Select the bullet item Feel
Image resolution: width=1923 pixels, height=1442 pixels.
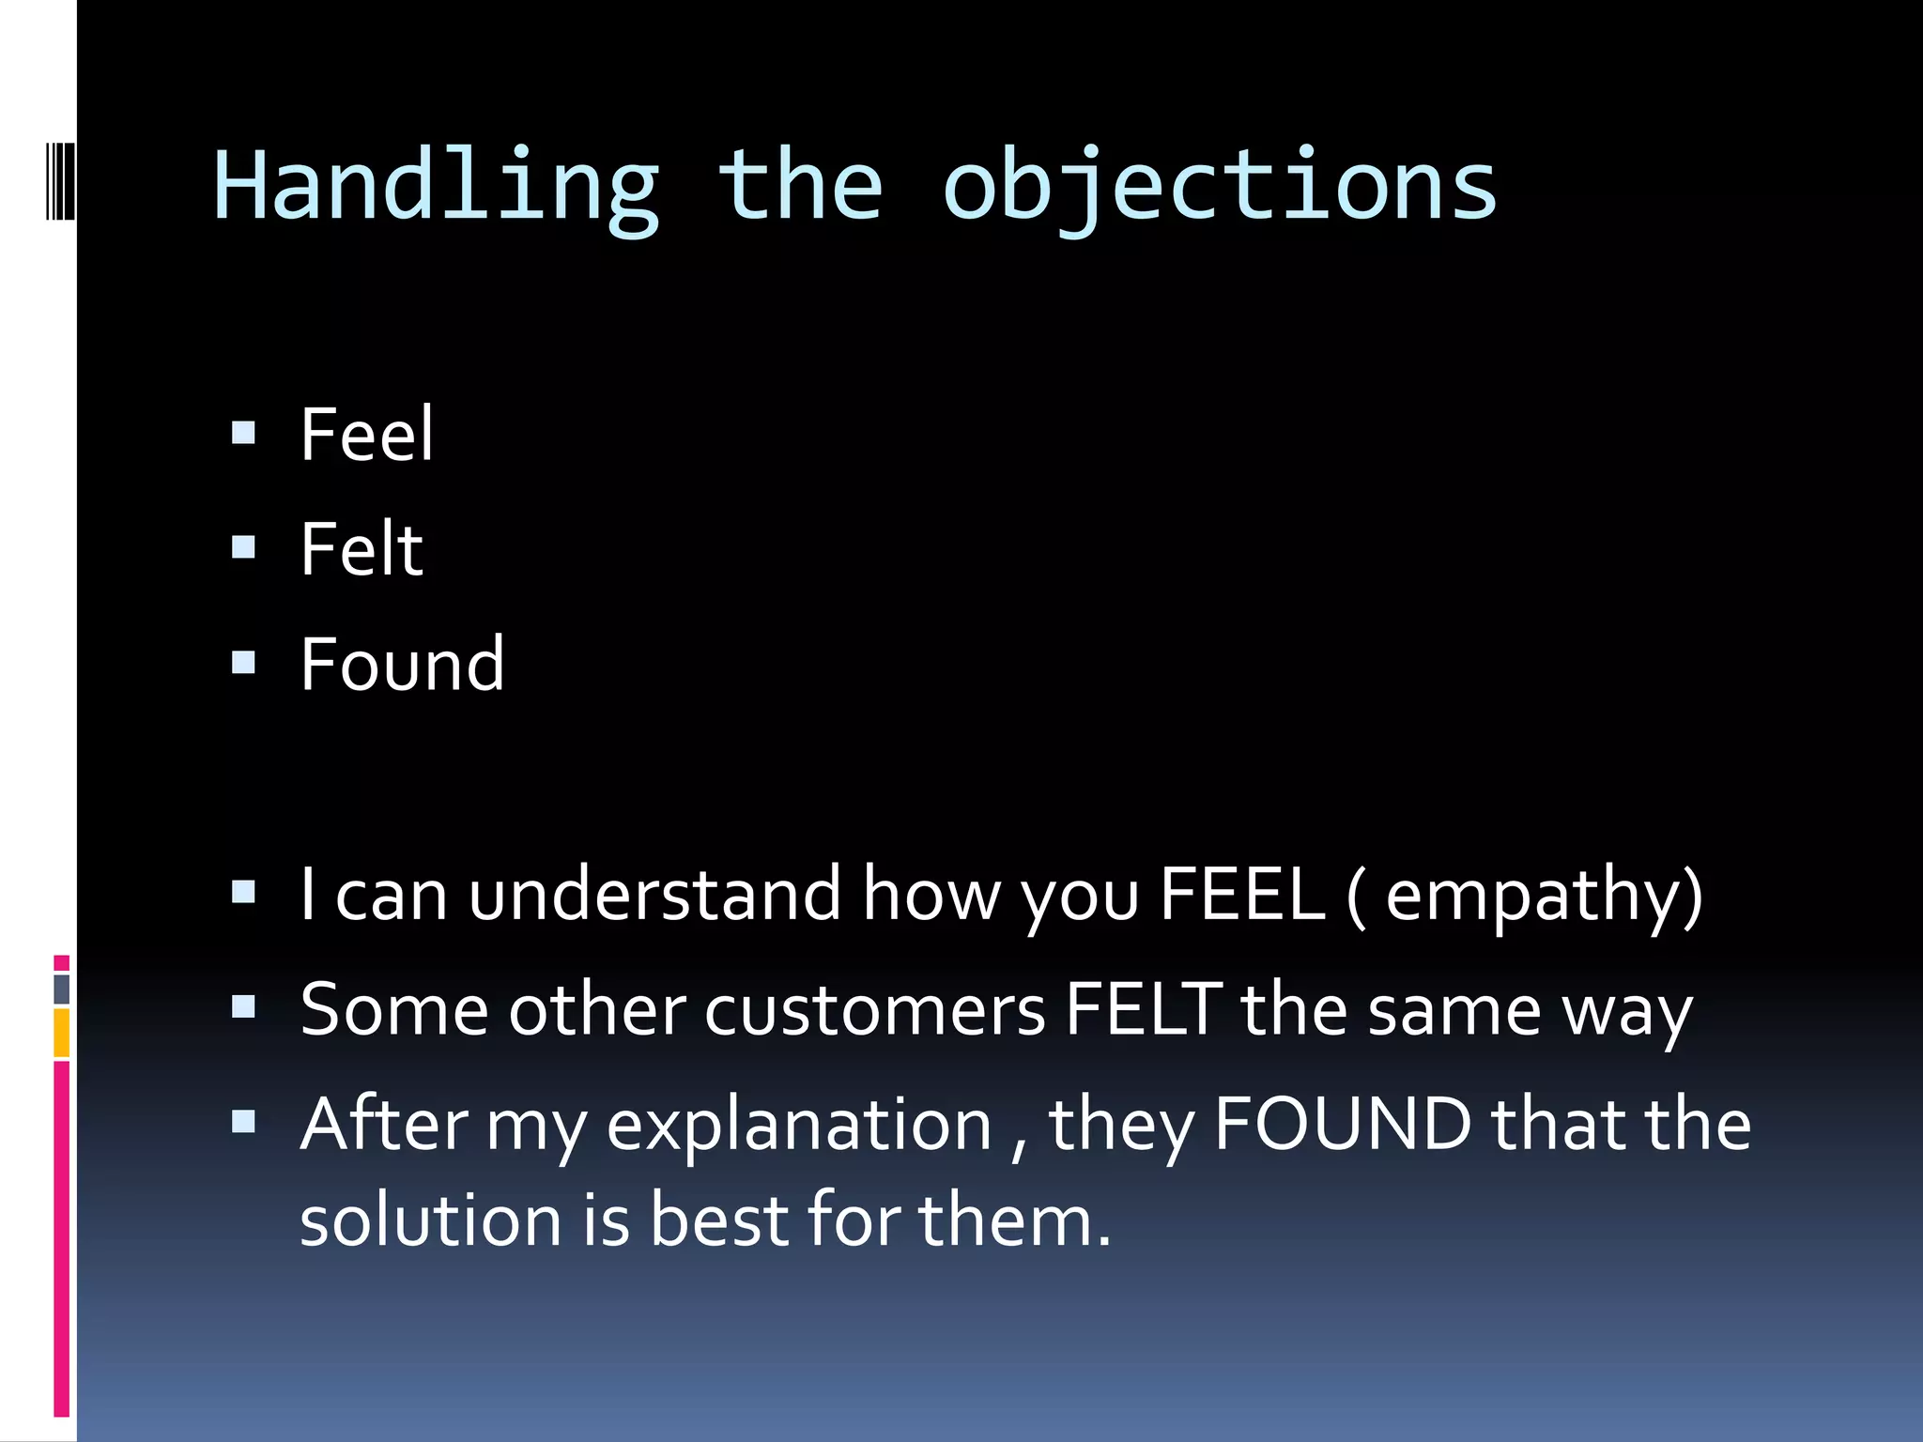(366, 435)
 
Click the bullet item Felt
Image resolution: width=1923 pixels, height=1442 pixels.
(362, 550)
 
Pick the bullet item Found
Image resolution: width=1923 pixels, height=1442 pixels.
(402, 665)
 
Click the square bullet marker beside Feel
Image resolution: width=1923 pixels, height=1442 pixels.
(243, 432)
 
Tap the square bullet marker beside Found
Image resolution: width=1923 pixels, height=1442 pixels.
(243, 663)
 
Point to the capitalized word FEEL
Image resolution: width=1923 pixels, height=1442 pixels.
(1241, 894)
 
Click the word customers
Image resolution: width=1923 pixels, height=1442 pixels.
(874, 1011)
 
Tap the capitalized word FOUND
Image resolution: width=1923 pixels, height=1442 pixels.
(1342, 1124)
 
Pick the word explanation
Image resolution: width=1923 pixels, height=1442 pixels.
(799, 1126)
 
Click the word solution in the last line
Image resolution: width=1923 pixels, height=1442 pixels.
(430, 1220)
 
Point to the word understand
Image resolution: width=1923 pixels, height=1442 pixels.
(654, 894)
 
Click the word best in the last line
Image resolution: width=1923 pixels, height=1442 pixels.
(719, 1220)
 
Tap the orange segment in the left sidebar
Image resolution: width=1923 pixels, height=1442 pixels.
(62, 1033)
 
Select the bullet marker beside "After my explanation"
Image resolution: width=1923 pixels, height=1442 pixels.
(243, 1121)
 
